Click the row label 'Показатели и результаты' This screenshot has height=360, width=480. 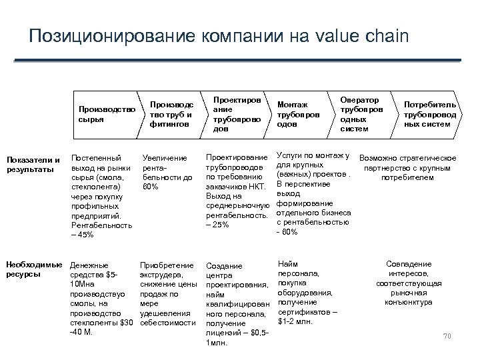[x=33, y=164]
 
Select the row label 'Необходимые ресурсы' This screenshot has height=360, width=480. [x=34, y=269]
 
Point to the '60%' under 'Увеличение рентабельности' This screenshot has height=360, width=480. [x=151, y=187]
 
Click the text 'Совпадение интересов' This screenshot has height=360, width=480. [x=409, y=269]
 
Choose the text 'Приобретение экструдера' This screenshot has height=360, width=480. [x=167, y=270]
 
